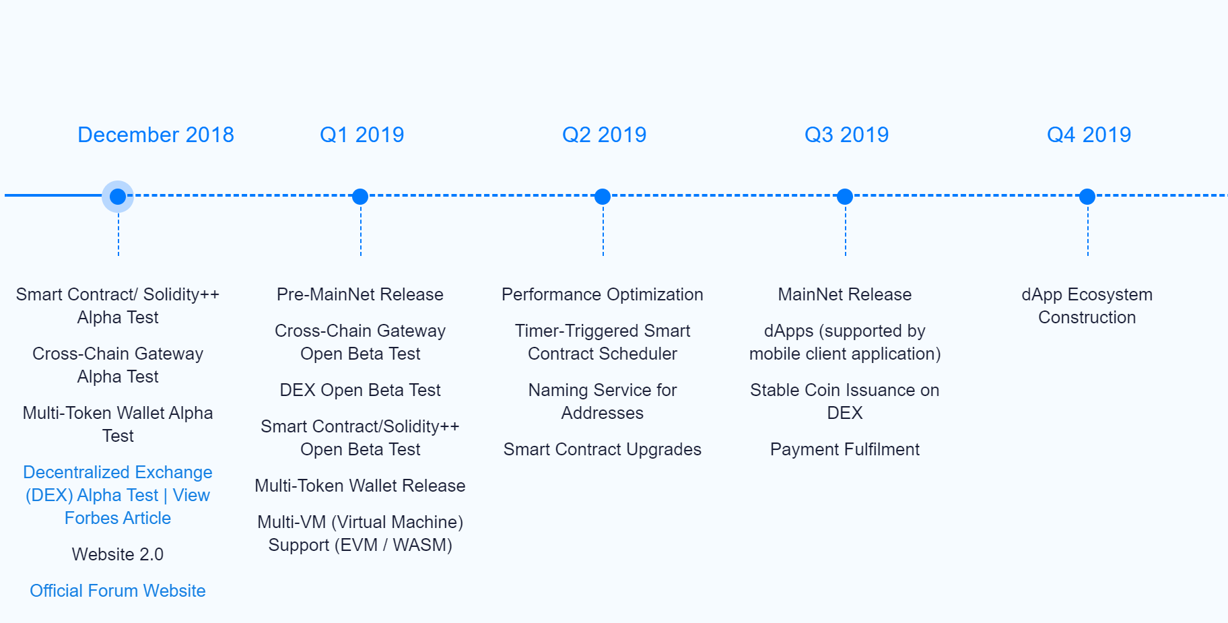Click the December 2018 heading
coord(156,135)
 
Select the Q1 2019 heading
coord(362,135)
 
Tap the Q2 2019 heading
coord(605,135)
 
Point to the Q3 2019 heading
coord(847,135)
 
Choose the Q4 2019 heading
coord(1089,135)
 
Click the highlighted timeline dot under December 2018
coord(118,197)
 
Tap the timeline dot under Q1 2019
coord(360,197)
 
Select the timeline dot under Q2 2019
coord(603,197)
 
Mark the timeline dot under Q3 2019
coord(845,197)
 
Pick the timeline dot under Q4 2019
coord(1087,197)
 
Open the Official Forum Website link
coord(118,591)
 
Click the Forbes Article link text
coord(118,518)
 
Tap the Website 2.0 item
coord(118,554)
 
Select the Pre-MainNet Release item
coord(360,294)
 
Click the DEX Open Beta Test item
coord(360,390)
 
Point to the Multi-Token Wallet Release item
coord(360,486)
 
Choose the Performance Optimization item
coord(603,294)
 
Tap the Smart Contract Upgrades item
coord(603,449)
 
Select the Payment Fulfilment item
coord(845,449)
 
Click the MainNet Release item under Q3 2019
coord(845,294)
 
